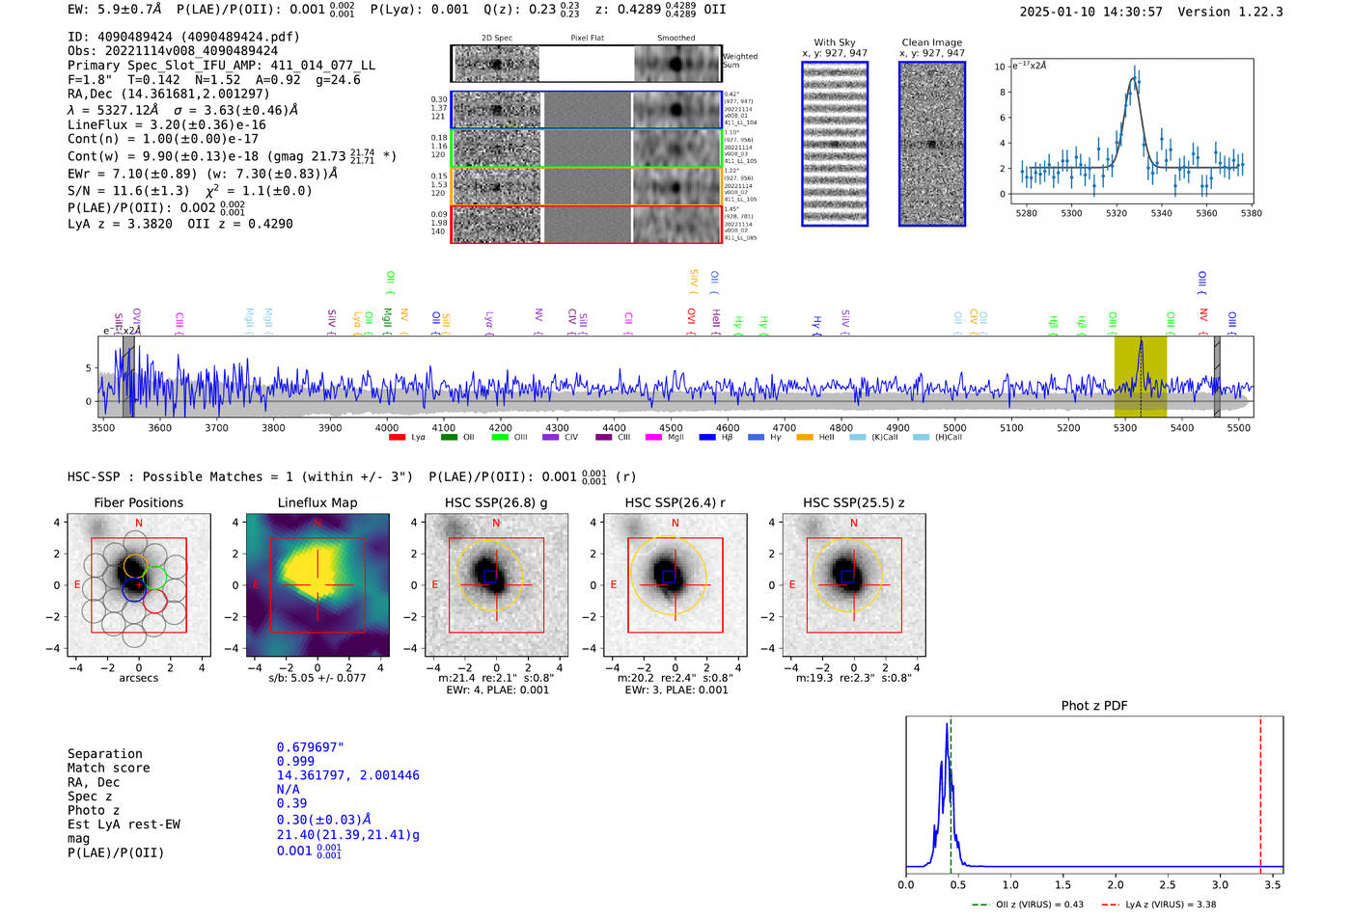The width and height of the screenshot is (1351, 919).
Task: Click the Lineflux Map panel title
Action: click(x=317, y=502)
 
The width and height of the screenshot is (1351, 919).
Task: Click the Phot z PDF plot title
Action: click(x=1093, y=706)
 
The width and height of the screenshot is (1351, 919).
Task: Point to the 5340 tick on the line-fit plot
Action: click(x=1161, y=213)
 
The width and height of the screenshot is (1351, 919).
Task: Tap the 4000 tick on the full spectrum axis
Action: click(x=387, y=428)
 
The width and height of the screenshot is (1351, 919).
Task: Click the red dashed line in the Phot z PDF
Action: click(x=1260, y=791)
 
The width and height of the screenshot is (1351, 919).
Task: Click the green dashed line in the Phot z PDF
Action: click(x=951, y=791)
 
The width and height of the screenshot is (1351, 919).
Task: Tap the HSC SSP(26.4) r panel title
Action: click(x=675, y=502)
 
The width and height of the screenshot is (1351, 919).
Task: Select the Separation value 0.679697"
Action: click(x=310, y=747)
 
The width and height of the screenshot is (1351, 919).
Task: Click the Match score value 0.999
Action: click(x=295, y=762)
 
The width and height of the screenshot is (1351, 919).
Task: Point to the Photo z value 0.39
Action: click(x=291, y=803)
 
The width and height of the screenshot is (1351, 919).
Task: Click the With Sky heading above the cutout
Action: click(x=835, y=42)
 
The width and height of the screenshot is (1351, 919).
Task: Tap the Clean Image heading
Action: click(x=931, y=42)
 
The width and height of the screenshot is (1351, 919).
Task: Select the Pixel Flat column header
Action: click(x=587, y=39)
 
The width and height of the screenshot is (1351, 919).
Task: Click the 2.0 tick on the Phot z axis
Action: click(x=1116, y=884)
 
